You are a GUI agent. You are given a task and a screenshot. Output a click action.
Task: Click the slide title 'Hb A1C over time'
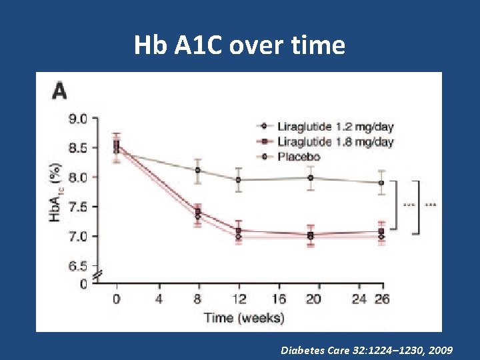[x=239, y=45]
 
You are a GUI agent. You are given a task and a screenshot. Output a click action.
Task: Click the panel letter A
[x=61, y=91]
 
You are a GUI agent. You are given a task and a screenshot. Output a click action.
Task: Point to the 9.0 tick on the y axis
[x=78, y=119]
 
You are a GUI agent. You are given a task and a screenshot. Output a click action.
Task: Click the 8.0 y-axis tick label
[x=78, y=177]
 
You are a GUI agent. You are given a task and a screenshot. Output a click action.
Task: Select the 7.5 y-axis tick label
[x=78, y=207]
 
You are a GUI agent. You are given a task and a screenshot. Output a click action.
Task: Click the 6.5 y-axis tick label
[x=78, y=266]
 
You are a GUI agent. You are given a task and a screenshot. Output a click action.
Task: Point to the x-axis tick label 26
[x=381, y=299]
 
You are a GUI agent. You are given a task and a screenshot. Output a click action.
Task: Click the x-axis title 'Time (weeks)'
[x=244, y=317]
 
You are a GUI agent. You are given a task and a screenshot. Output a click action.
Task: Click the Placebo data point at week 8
[x=197, y=170]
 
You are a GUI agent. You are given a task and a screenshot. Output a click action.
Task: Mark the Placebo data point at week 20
[x=310, y=177]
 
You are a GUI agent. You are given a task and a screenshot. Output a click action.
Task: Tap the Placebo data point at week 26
[x=381, y=183]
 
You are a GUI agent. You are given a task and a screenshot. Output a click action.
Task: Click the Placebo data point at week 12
[x=239, y=179]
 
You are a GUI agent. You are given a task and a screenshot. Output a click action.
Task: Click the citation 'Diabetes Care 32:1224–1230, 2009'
[x=367, y=349]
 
